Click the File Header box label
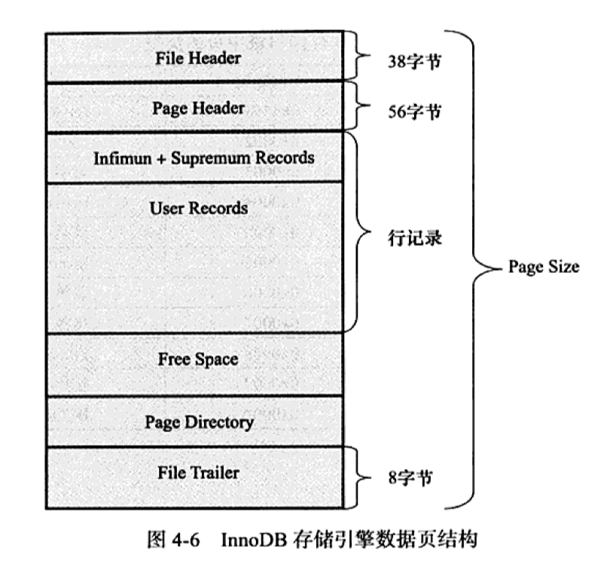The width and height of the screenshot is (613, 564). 198,57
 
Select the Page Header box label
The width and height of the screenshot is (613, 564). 198,109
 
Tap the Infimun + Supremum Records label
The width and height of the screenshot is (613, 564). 204,158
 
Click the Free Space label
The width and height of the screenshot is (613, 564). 198,359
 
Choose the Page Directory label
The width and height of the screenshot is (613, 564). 199,421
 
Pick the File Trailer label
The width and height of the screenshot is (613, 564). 198,473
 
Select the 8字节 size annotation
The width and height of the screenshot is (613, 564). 407,478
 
